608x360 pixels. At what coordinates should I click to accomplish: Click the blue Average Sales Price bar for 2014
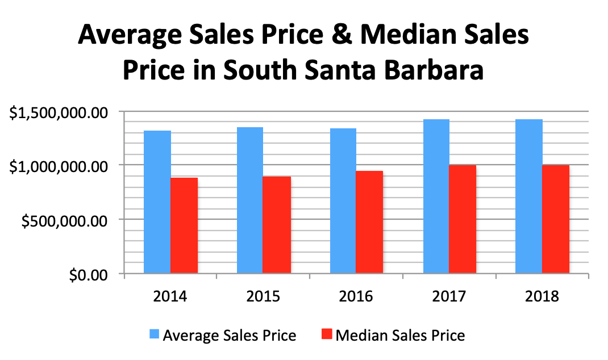(157, 202)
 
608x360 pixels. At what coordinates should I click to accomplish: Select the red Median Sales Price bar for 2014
(184, 225)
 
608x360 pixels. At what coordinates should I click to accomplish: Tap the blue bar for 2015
(250, 200)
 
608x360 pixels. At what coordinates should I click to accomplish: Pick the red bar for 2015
(277, 225)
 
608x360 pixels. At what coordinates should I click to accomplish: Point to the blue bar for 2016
(343, 201)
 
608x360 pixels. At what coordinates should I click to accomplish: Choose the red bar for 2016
(369, 222)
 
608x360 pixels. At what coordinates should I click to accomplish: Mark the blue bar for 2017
(436, 196)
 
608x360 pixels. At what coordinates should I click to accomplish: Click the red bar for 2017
(463, 219)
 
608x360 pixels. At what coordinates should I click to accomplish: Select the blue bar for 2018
(529, 196)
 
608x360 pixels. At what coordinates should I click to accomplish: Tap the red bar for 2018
(556, 219)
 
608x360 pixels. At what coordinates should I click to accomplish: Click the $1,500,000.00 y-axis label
(59, 112)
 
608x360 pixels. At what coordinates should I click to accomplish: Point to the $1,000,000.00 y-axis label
(59, 166)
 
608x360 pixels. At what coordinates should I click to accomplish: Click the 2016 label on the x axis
(356, 296)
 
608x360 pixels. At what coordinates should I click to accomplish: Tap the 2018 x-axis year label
(542, 296)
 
